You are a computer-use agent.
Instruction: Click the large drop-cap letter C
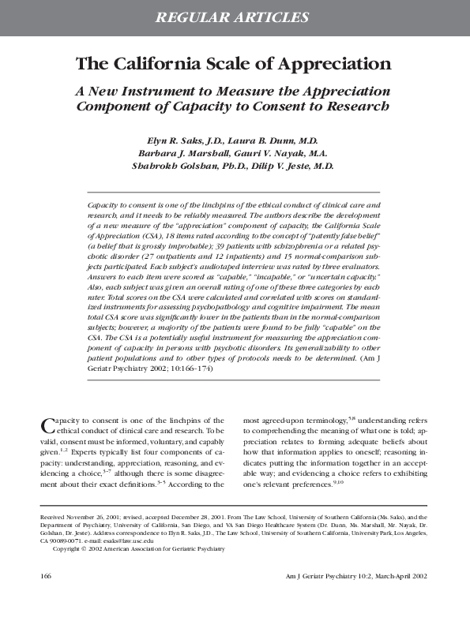(x=47, y=427)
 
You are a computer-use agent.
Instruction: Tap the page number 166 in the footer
(x=47, y=576)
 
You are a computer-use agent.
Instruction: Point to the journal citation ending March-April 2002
(x=357, y=576)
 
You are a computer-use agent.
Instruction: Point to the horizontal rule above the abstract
(x=235, y=192)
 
